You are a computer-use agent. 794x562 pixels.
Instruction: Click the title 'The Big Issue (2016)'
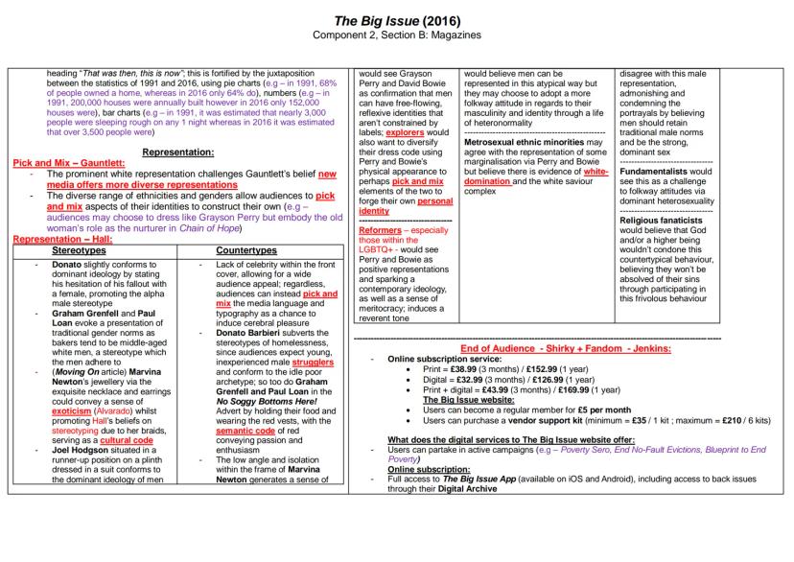[397, 20]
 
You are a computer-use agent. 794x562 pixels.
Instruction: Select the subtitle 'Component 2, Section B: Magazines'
[397, 35]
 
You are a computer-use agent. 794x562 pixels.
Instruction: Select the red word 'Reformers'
[379, 230]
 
